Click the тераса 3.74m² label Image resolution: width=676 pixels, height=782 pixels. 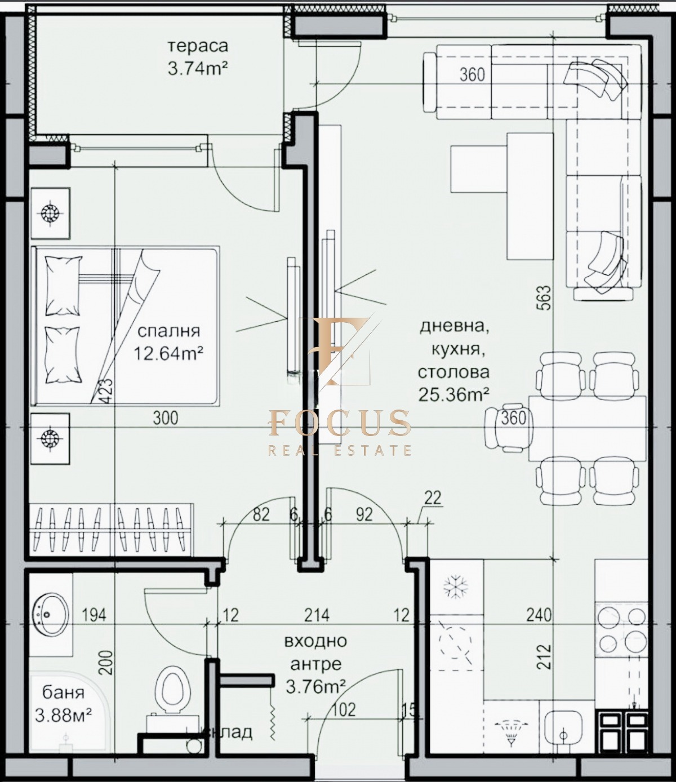click(197, 57)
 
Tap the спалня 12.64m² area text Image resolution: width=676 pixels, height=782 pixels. click(168, 343)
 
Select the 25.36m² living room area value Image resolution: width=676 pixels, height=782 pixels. click(453, 394)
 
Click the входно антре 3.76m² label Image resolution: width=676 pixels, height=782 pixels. click(315, 664)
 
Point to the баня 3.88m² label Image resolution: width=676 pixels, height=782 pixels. click(63, 704)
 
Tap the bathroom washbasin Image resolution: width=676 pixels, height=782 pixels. click(51, 614)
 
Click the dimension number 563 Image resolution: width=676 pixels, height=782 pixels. click(544, 297)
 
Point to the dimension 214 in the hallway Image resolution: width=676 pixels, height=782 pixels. click(317, 615)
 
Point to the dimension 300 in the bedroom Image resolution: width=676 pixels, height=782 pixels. click(165, 417)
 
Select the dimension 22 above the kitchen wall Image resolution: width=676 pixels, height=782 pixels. click(432, 498)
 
